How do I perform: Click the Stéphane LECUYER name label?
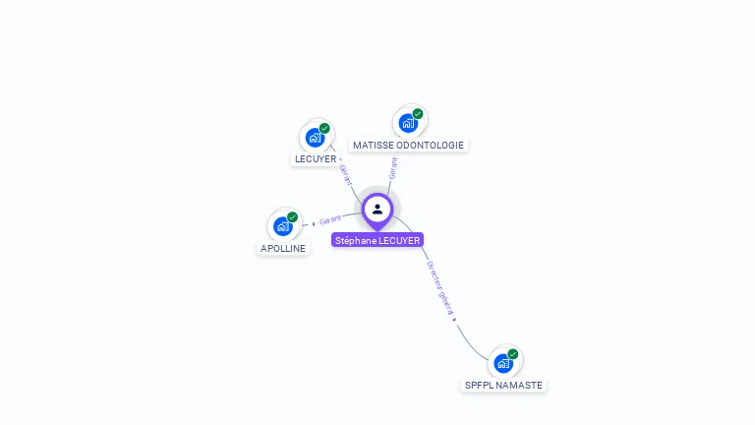377,240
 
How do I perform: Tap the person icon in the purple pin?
377,209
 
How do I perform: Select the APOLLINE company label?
283,248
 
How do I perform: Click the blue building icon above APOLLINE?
283,226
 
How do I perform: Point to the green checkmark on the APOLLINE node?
292,217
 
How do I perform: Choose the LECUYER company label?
316,159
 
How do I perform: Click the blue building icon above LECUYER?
315,138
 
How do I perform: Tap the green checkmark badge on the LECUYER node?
324,129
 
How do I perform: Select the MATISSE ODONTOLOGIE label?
408,145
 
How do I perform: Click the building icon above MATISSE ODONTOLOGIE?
408,123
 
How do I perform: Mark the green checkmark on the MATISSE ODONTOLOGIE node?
418,114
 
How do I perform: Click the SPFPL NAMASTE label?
503,385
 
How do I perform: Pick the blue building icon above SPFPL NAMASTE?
503,363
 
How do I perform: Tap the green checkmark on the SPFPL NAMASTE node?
513,354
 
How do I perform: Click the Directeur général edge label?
440,287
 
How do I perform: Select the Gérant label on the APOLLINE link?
330,219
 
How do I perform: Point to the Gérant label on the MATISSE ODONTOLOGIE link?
393,168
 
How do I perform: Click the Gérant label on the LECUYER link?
345,175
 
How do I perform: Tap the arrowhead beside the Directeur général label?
453,320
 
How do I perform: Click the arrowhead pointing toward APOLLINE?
314,223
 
